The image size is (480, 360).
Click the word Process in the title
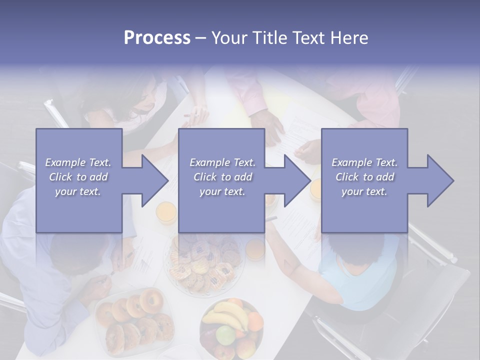click(157, 38)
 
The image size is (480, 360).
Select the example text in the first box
click(78, 177)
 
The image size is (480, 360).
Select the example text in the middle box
click(222, 177)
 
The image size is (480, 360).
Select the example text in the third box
click(364, 177)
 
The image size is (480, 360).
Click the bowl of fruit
click(231, 327)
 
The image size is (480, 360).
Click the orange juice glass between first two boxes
click(165, 212)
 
